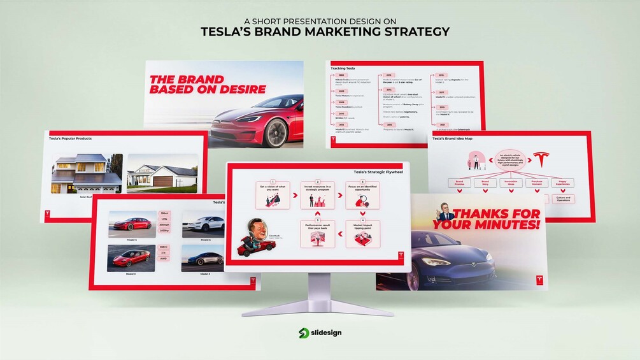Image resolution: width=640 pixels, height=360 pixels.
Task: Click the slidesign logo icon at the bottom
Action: pyautogui.click(x=304, y=333)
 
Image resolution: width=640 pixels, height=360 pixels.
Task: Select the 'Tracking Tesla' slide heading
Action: pyautogui.click(x=343, y=68)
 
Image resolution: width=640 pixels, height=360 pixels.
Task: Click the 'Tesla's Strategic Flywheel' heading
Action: pyautogui.click(x=378, y=171)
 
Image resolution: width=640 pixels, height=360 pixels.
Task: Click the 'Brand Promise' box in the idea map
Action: pyautogui.click(x=459, y=183)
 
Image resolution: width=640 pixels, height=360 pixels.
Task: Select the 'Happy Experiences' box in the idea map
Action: pyautogui.click(x=562, y=183)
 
